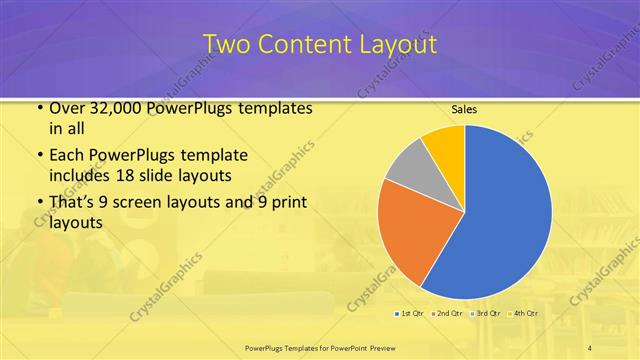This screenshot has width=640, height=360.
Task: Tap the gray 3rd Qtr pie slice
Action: (x=408, y=170)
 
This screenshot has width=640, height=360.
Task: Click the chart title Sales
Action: (x=464, y=108)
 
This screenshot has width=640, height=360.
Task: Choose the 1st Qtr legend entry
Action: (x=409, y=313)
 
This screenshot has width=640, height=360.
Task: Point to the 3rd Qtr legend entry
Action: (x=487, y=313)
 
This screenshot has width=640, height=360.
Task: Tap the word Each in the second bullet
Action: (x=67, y=156)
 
